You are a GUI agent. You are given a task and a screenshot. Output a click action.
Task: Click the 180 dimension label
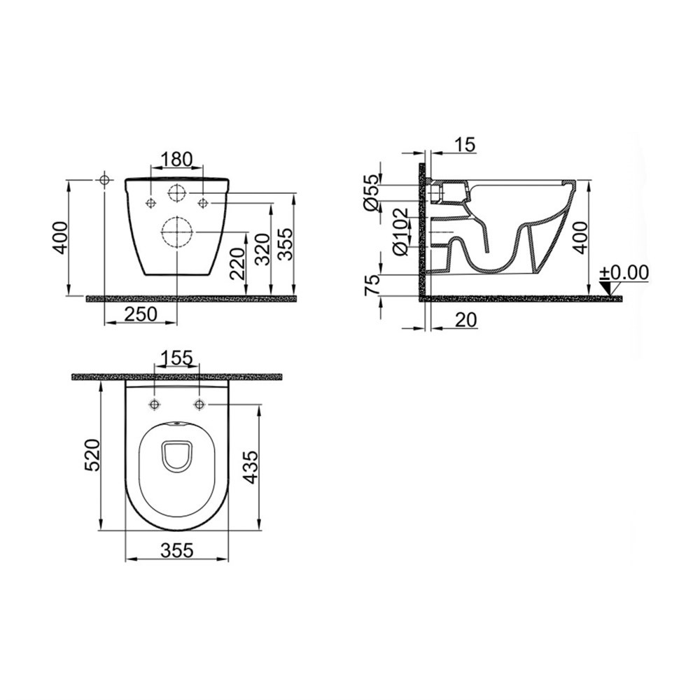tap(177, 159)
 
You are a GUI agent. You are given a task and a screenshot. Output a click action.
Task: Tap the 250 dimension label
tap(141, 314)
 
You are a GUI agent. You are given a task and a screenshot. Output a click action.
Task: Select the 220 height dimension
tap(238, 263)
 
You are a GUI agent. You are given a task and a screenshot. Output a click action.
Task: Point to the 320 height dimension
tap(262, 249)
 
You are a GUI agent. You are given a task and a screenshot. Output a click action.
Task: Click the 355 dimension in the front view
tap(286, 244)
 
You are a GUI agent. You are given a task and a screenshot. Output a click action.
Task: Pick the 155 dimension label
tap(176, 358)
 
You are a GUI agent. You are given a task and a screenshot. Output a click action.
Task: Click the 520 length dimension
tap(92, 455)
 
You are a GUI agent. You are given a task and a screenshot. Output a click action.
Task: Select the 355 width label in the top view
tap(177, 550)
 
